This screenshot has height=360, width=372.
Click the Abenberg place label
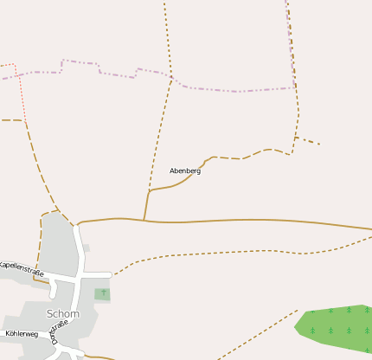tap(185, 171)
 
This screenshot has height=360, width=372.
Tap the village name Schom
tap(63, 314)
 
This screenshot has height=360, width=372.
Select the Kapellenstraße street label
tap(21, 267)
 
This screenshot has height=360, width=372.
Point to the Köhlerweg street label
tap(22, 333)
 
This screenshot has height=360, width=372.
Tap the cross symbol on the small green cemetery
tap(103, 293)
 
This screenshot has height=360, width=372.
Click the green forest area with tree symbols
tap(337, 326)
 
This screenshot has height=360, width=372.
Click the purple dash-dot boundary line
tap(234, 91)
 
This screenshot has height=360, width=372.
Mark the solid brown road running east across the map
tap(260, 220)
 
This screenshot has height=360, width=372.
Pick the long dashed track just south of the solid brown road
tap(225, 253)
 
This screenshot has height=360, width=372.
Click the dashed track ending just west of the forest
tap(260, 333)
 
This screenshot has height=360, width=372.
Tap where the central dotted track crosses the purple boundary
tap(172, 80)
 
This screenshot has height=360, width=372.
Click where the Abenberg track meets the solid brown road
tap(144, 220)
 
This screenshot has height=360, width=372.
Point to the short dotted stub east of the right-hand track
tap(308, 140)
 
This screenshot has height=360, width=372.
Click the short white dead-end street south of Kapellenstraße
tap(54, 290)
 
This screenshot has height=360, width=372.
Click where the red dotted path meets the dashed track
tap(24, 120)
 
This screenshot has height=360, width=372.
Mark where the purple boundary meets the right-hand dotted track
tap(295, 87)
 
